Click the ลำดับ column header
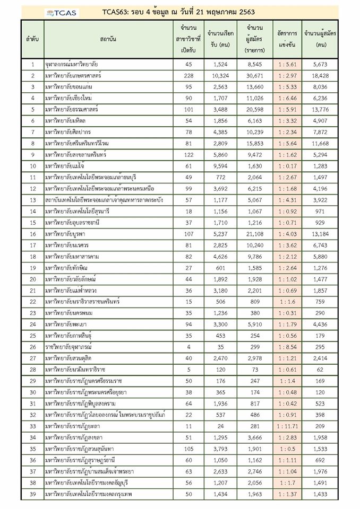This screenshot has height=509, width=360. [x=32, y=40]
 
